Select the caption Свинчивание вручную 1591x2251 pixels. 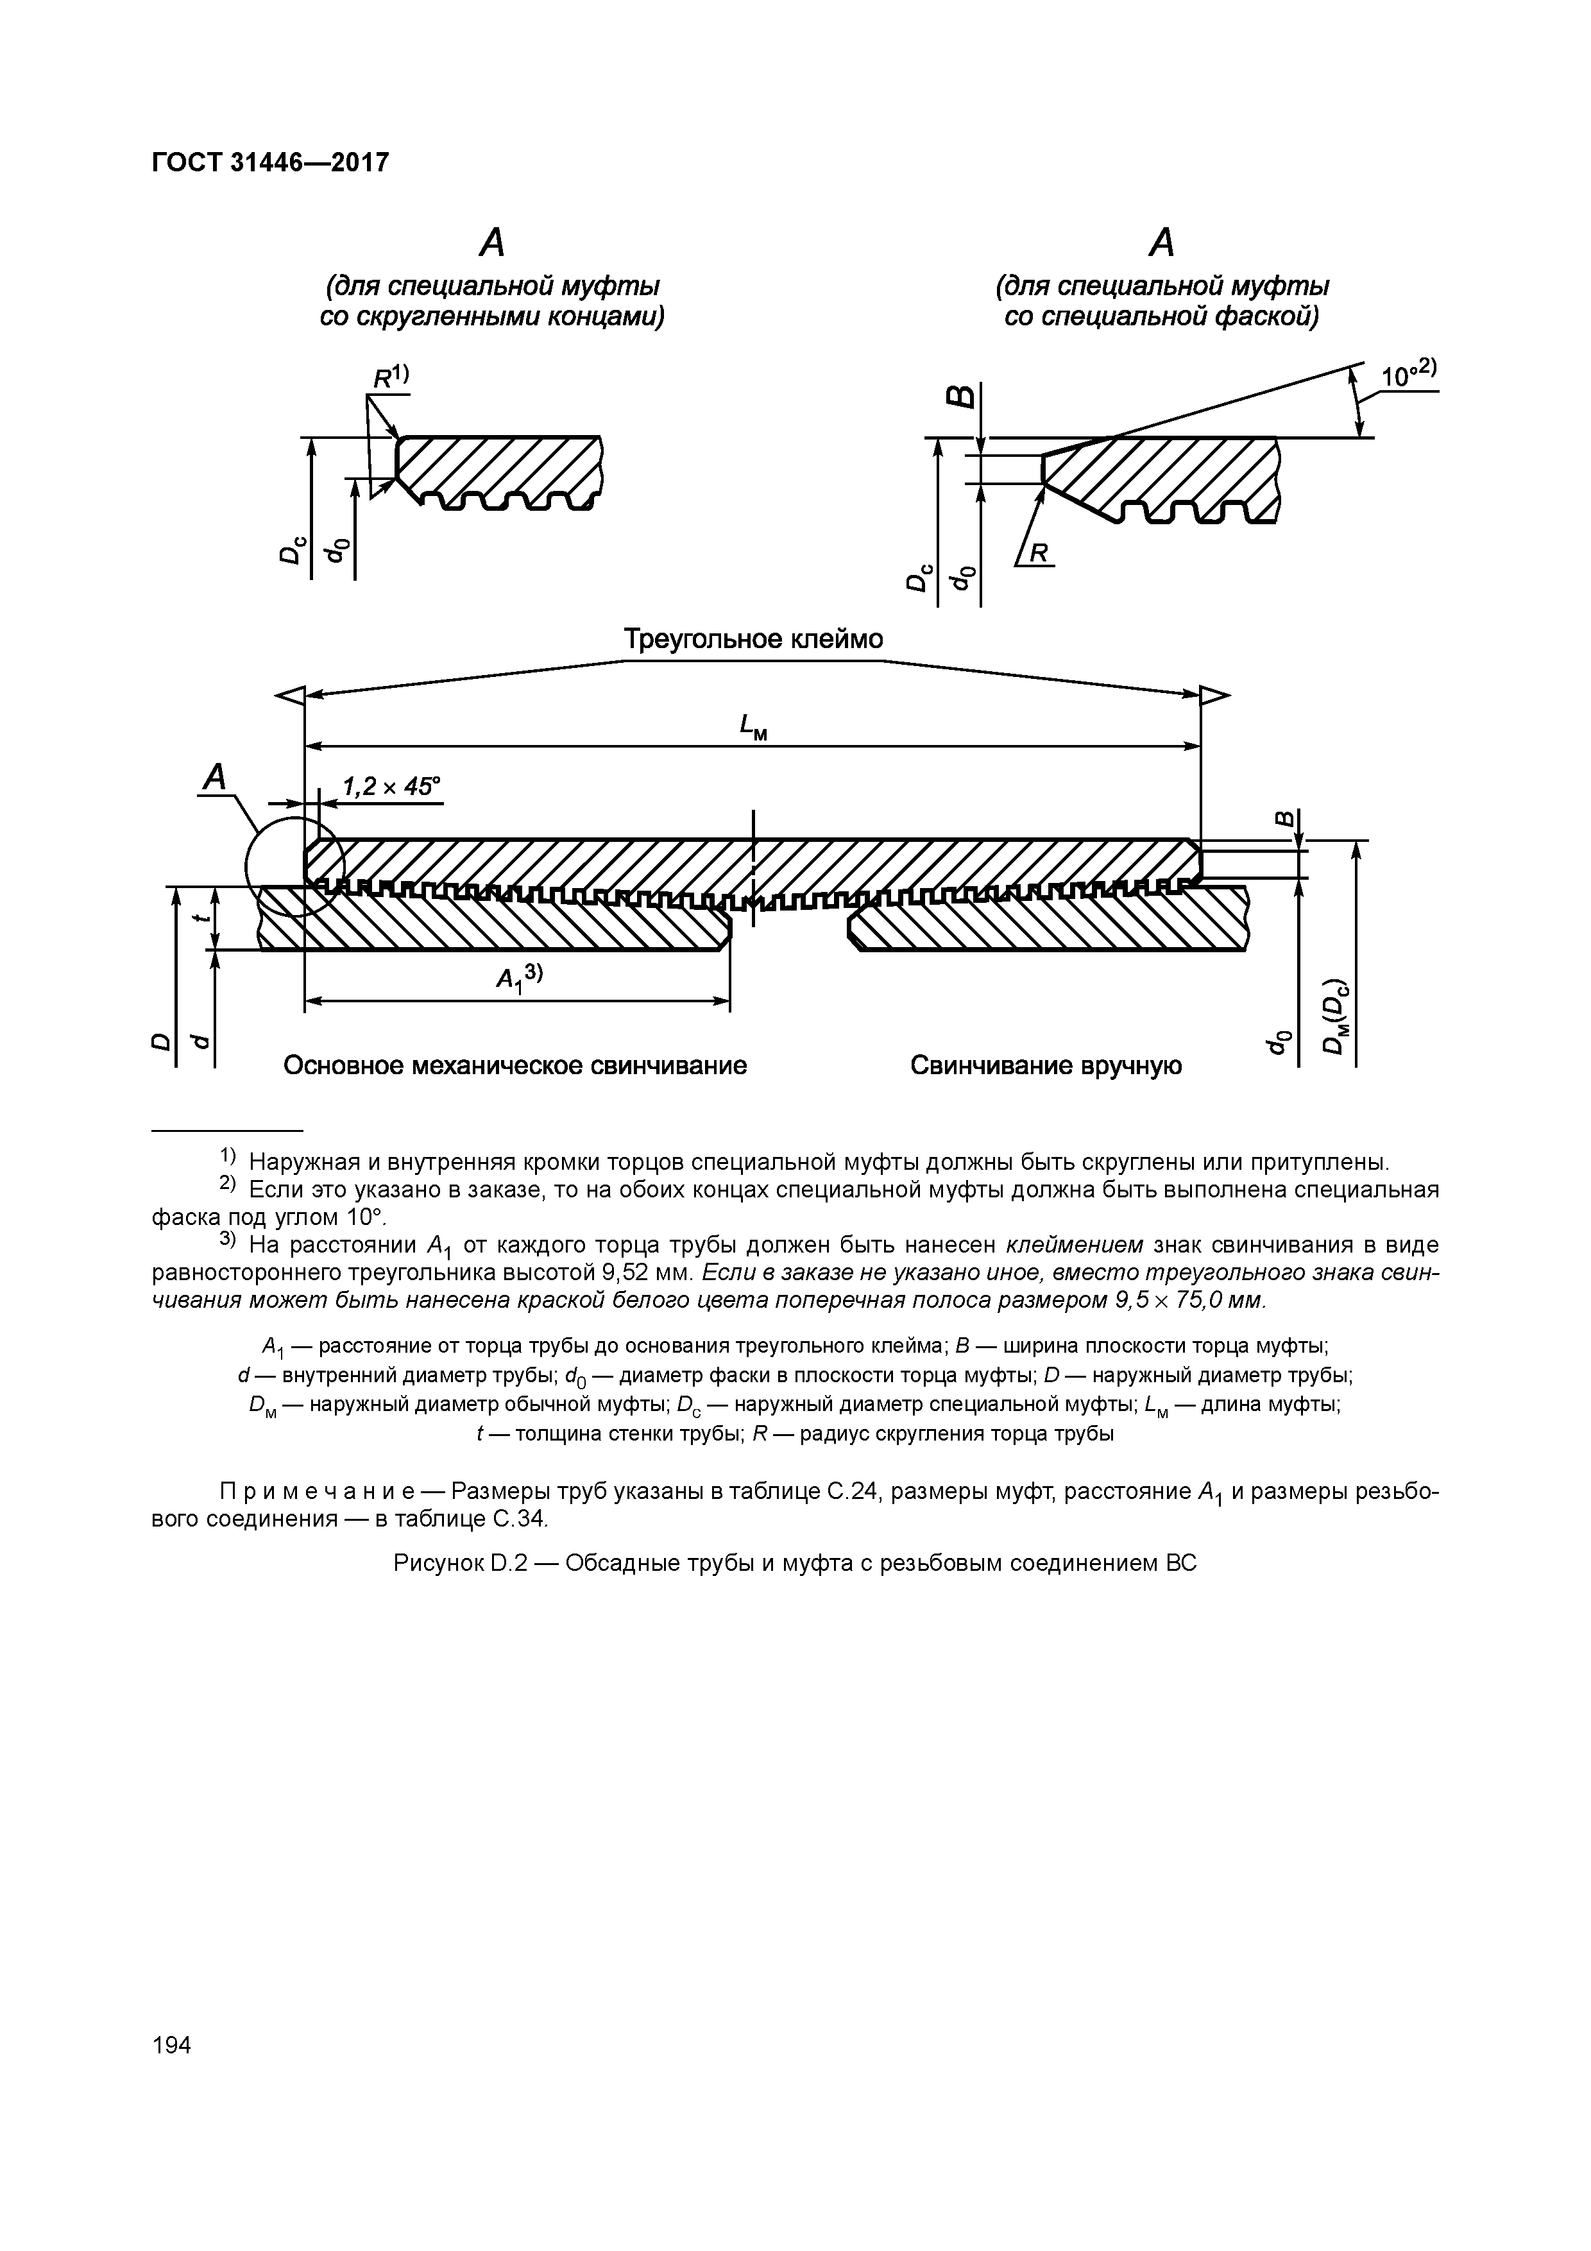tap(1045, 1066)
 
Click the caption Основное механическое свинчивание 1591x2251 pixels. tap(515, 1066)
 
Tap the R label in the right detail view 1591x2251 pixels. tap(1040, 554)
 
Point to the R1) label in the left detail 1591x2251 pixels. tap(389, 377)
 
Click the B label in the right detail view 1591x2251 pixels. tap(962, 395)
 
